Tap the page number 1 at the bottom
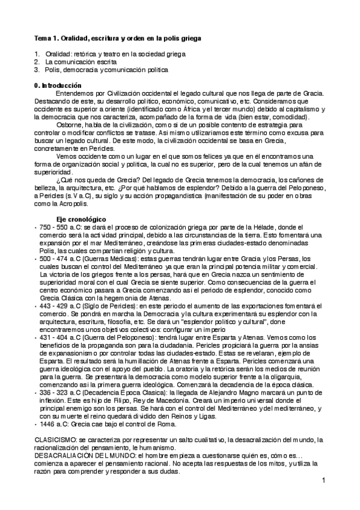coord(323,480)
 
